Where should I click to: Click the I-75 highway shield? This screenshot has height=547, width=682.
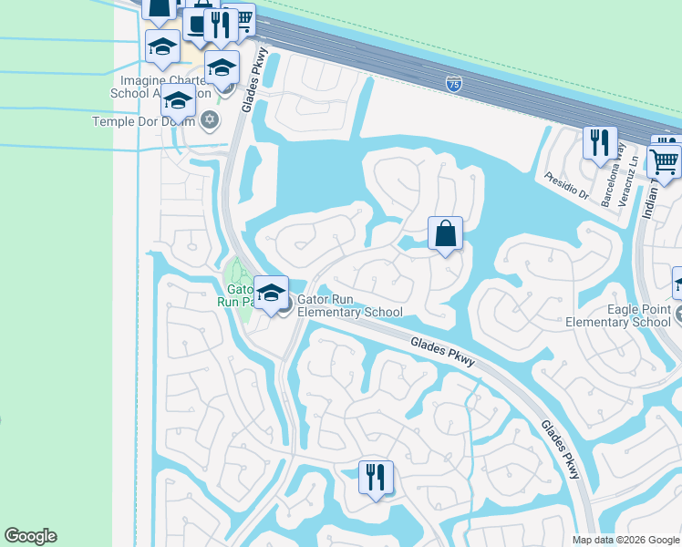click(x=453, y=84)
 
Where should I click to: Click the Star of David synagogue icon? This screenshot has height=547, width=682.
click(x=210, y=119)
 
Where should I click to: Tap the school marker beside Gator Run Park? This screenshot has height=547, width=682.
click(x=271, y=293)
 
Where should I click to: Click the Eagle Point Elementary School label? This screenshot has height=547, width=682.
click(x=617, y=315)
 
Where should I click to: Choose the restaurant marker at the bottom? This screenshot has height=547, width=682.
click(x=375, y=476)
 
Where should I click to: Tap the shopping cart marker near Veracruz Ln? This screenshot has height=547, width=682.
click(x=665, y=160)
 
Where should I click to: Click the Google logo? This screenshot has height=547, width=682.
click(x=30, y=536)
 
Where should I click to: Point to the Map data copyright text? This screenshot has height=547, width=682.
click(x=625, y=540)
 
